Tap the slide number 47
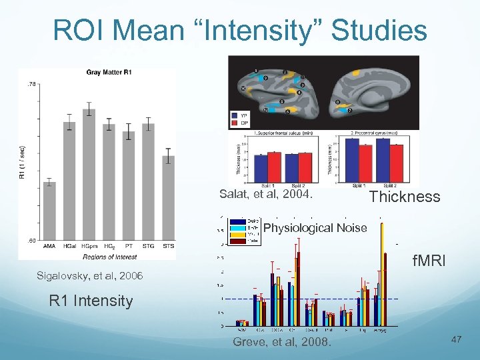(x=457, y=340)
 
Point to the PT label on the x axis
(x=129, y=246)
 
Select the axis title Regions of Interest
(x=109, y=256)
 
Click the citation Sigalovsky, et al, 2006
(x=90, y=276)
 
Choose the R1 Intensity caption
(x=91, y=301)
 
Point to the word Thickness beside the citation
(x=405, y=197)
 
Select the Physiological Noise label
(x=315, y=228)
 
